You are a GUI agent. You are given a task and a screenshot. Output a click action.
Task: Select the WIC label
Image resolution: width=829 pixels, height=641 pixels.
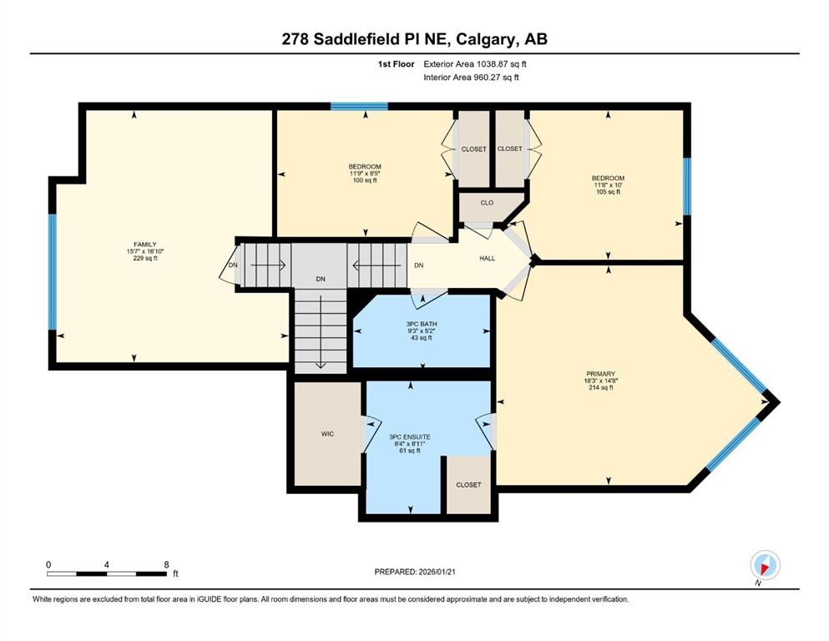[327, 434]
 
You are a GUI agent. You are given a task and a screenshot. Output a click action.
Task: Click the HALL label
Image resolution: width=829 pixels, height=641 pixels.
[487, 259]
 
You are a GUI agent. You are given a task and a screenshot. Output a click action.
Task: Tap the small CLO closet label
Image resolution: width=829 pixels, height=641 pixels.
[487, 203]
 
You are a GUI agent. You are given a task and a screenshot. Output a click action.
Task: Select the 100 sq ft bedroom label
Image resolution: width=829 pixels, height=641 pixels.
[365, 180]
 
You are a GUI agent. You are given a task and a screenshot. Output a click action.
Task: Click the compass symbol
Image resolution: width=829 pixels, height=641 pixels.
[765, 564]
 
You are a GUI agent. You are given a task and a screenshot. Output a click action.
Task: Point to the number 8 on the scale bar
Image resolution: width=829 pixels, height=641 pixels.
[166, 564]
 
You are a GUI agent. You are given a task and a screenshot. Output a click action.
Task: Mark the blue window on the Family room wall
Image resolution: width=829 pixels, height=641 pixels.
[52, 272]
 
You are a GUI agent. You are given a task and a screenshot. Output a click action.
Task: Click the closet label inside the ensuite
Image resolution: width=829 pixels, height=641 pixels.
[468, 485]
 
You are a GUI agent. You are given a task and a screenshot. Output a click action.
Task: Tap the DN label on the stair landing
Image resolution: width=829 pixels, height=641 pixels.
[320, 279]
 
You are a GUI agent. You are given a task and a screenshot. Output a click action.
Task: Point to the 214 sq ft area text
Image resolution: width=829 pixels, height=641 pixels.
[600, 388]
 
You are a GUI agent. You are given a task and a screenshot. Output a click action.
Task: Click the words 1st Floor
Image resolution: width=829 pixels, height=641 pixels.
[395, 63]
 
